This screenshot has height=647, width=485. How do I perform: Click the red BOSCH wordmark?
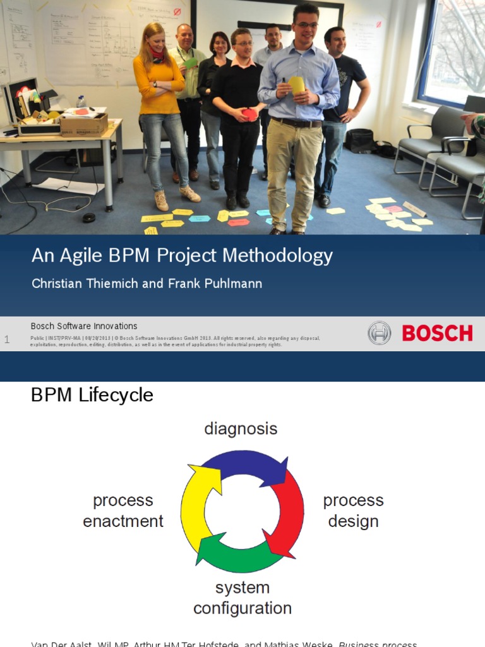click(x=437, y=333)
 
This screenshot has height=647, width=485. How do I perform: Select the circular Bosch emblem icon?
click(x=379, y=333)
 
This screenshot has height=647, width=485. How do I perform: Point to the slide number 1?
click(x=7, y=340)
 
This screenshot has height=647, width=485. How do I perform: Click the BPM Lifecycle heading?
click(x=92, y=396)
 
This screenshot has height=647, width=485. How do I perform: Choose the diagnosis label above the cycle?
click(x=241, y=429)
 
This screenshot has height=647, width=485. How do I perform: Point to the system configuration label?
click(x=242, y=598)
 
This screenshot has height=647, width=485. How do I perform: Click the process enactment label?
click(x=123, y=511)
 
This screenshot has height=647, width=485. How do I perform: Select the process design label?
click(x=353, y=511)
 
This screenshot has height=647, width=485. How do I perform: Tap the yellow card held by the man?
click(x=296, y=85)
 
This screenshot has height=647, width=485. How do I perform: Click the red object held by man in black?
click(x=250, y=114)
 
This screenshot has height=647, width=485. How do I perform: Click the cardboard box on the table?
click(x=84, y=124)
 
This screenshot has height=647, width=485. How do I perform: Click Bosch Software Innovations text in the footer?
click(x=84, y=326)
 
